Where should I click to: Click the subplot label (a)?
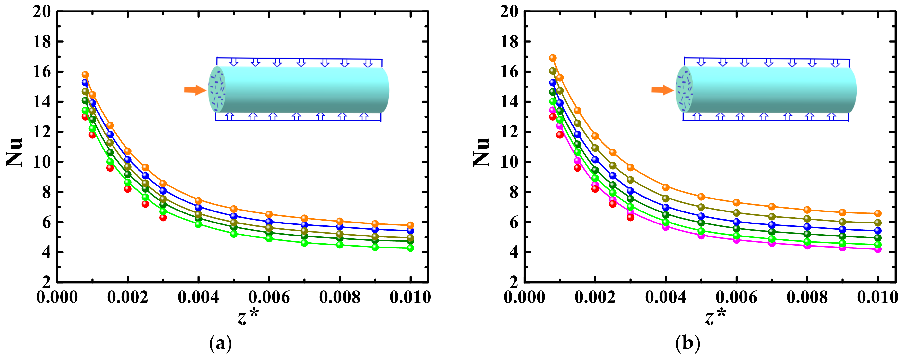(220, 344)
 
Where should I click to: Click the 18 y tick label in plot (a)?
(42, 42)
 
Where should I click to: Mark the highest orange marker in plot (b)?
(552, 58)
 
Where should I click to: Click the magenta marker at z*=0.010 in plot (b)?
(878, 249)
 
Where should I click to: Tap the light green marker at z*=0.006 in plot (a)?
(269, 238)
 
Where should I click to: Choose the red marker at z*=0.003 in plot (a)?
(163, 217)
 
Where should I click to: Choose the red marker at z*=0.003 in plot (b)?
(630, 217)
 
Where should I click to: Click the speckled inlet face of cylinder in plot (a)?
(217, 89)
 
